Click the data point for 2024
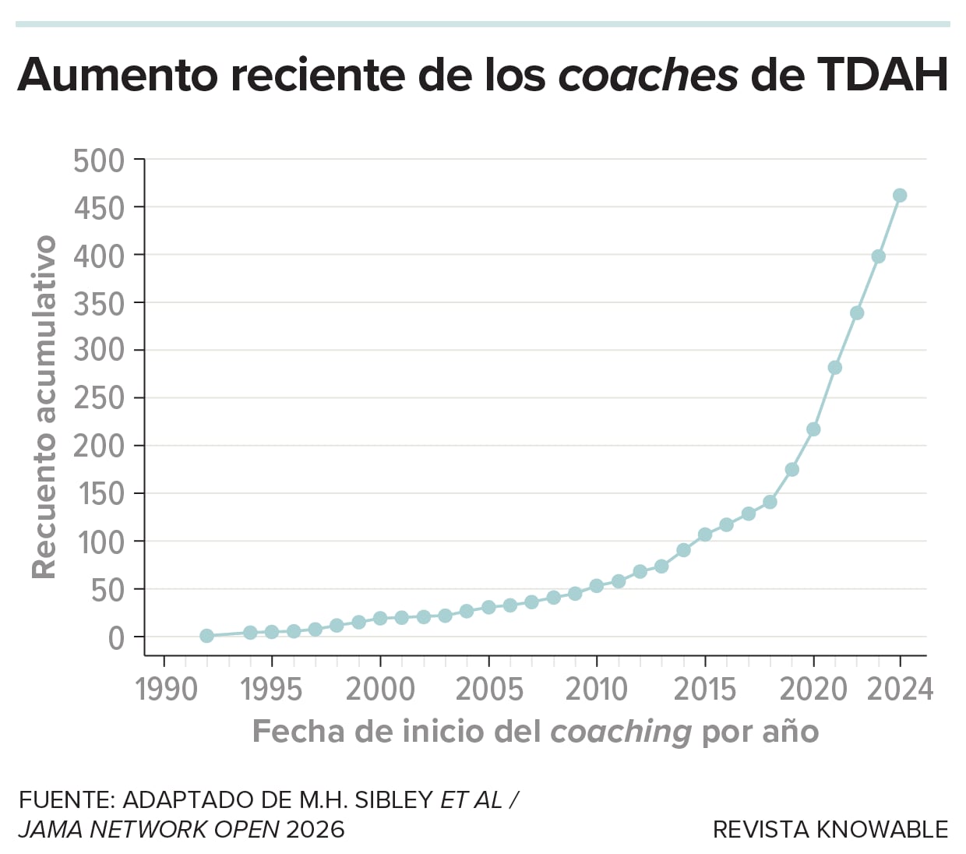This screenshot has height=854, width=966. (x=900, y=196)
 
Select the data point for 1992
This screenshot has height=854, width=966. (x=206, y=636)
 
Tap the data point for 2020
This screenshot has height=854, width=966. (x=813, y=429)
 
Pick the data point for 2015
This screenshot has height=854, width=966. (x=705, y=535)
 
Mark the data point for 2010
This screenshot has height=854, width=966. (x=597, y=586)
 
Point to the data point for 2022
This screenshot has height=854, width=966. (x=857, y=313)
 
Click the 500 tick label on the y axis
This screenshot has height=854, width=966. (x=99, y=161)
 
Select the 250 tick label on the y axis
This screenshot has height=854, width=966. (x=99, y=398)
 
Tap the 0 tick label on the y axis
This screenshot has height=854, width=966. (x=116, y=638)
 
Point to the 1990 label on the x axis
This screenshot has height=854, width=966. (x=166, y=690)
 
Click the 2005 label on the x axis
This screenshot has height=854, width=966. (x=489, y=690)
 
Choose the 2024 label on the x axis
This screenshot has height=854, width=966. (x=900, y=690)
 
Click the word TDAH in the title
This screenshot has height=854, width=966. (x=882, y=76)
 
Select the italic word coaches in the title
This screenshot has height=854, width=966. (x=648, y=76)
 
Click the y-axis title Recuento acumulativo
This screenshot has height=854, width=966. (x=44, y=407)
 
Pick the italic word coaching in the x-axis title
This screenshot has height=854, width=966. (x=620, y=732)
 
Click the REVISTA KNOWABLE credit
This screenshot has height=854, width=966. (x=830, y=830)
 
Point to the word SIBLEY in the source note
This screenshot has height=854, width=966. (x=393, y=800)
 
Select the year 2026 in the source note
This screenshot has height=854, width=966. (x=316, y=830)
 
